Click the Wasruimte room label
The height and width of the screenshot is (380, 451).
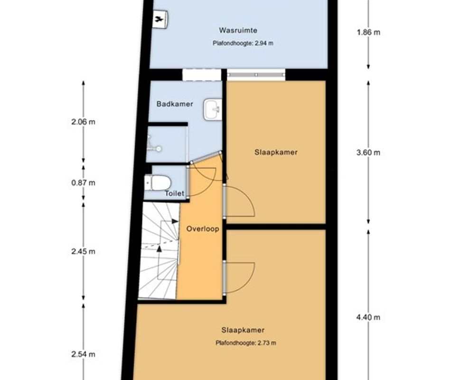tap(238, 30)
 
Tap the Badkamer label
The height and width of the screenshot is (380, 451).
tap(175, 104)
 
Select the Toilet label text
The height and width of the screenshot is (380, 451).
tap(175, 193)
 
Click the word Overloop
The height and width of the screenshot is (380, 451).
tap(203, 229)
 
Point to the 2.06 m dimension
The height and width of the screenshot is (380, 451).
tap(84, 122)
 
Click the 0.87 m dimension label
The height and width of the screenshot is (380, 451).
tap(84, 183)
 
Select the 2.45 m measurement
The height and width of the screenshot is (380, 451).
tap(84, 251)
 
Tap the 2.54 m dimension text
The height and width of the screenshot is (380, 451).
tap(84, 354)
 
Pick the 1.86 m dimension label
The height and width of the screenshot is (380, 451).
tap(368, 32)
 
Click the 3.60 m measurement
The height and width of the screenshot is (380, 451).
tap(368, 152)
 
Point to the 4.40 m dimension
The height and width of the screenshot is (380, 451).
tap(368, 317)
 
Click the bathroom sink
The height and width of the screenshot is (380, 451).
tap(213, 109)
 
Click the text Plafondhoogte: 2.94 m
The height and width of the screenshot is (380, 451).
tap(243, 43)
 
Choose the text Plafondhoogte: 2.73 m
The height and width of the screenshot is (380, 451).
tap(246, 343)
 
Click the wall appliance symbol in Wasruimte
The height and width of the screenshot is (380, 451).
tap(160, 19)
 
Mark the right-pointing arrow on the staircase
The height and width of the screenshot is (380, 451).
tap(175, 221)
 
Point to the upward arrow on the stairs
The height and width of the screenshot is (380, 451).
tap(159, 249)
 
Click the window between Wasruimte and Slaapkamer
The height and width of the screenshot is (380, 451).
tap(256, 75)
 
